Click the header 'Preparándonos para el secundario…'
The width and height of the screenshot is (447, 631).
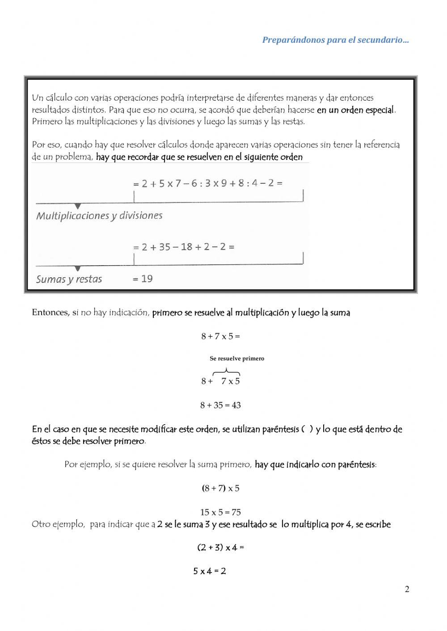[x=335, y=40]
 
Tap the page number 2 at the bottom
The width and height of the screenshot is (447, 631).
[x=407, y=589]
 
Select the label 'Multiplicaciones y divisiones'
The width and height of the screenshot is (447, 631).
[x=99, y=216]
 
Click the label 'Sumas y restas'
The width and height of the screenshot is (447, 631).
[x=69, y=280]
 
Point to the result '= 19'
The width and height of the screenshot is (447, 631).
[x=143, y=279]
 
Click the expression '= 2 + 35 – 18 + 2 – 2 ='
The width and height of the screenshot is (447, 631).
[x=183, y=247]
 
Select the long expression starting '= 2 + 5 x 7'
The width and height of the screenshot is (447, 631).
[x=207, y=183]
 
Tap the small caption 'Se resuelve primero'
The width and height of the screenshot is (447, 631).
[x=237, y=359]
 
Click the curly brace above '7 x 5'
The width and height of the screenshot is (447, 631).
[x=226, y=371]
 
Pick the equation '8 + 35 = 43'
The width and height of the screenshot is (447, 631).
[x=220, y=405]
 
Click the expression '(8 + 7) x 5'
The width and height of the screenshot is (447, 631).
[x=220, y=489]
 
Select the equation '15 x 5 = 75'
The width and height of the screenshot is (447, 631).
[x=220, y=513]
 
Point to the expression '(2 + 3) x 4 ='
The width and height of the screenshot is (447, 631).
[x=220, y=547]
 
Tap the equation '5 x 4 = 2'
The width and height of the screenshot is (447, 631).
[x=209, y=571]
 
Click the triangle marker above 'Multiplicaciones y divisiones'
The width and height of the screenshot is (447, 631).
[x=78, y=206]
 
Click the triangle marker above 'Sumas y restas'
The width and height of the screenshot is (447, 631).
[x=78, y=269]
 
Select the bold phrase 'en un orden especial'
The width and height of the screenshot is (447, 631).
[x=356, y=110]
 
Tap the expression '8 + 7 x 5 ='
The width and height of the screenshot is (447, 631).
[x=220, y=337]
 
